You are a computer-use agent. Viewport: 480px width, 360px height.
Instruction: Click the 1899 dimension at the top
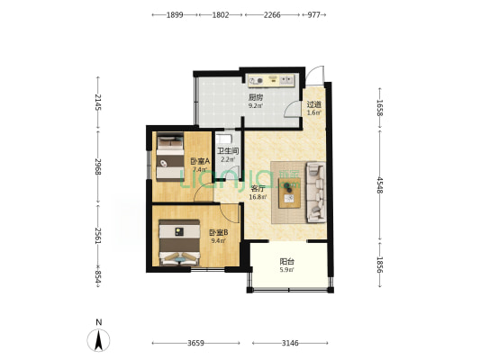(x=175, y=14)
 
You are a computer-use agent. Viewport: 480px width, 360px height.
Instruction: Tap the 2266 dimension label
(x=272, y=14)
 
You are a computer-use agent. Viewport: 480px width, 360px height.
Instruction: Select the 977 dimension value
(x=313, y=14)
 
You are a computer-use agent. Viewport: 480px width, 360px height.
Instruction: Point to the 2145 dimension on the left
(x=98, y=103)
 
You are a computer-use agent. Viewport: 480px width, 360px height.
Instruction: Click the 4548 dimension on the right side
(x=380, y=185)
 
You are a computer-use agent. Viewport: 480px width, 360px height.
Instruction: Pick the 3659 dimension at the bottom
(x=195, y=343)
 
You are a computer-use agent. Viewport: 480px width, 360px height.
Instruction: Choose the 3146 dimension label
(x=290, y=343)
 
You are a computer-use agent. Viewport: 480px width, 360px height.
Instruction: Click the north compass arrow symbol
(x=98, y=340)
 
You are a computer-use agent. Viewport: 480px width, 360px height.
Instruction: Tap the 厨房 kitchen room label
(x=255, y=97)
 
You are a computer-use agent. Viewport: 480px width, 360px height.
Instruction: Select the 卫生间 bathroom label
(x=228, y=151)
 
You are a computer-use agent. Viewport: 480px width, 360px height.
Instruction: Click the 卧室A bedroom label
(x=200, y=161)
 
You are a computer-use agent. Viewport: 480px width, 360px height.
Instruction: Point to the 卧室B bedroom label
(x=218, y=233)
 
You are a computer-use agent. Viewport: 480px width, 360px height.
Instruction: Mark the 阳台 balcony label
(x=287, y=262)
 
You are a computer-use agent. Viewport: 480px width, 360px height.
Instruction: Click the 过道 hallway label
(x=314, y=104)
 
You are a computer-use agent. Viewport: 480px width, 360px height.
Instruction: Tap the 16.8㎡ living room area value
(x=258, y=197)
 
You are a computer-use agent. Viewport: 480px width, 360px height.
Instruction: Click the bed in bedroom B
(x=179, y=242)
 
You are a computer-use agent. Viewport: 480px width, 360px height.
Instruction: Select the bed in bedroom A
(x=170, y=157)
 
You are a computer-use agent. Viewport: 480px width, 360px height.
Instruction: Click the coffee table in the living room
(x=290, y=193)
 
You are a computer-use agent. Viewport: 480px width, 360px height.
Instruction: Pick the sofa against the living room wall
(x=316, y=192)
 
